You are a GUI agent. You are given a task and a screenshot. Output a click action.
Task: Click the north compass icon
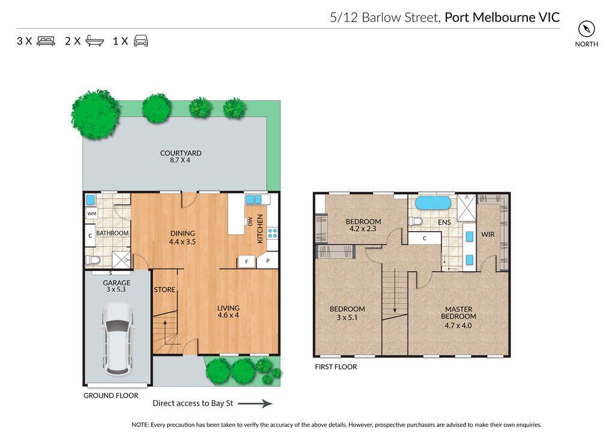point(586,29)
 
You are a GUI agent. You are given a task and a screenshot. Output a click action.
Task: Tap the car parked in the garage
point(117,338)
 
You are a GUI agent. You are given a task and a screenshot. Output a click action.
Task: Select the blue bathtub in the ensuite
point(434,203)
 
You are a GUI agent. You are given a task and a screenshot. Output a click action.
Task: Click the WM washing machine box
point(92,214)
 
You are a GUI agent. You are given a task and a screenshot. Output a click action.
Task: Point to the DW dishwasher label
point(250,222)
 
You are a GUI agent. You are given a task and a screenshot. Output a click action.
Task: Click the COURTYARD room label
point(180,153)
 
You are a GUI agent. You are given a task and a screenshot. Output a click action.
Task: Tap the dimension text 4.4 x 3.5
point(183,242)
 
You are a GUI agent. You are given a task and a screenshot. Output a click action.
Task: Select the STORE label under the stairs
point(165,290)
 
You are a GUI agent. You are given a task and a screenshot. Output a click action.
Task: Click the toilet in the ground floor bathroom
point(93,260)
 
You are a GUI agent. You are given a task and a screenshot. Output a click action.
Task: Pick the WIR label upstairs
point(488,234)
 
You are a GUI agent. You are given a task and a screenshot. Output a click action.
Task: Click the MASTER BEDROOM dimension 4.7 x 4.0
point(458,325)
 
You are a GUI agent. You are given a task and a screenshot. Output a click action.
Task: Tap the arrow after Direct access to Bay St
point(255,404)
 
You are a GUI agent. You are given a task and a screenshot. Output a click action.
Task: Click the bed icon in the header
point(46,41)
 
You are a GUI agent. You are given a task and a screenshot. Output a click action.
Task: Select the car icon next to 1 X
point(141,41)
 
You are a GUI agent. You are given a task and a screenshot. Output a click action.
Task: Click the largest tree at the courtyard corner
point(95,114)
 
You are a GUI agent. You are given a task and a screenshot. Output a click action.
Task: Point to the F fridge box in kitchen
point(247,261)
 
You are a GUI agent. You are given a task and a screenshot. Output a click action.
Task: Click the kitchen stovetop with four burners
point(273,233)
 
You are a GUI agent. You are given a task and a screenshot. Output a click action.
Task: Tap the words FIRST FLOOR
point(336,367)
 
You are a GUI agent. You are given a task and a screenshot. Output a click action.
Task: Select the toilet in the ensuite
point(415,221)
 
